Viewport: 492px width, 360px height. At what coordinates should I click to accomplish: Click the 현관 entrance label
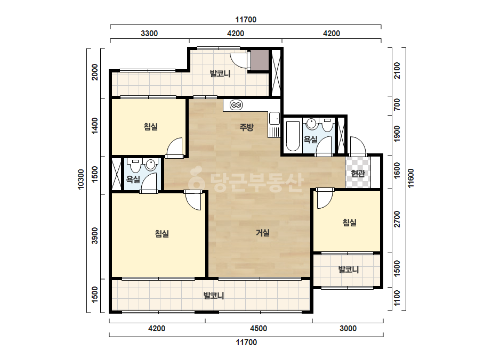point(358,173)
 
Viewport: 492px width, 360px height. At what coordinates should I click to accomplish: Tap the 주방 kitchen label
point(246,127)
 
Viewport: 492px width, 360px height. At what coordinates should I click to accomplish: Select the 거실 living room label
point(263,233)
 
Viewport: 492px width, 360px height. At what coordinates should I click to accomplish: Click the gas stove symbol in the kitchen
point(236,105)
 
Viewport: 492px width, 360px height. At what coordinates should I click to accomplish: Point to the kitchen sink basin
point(274,118)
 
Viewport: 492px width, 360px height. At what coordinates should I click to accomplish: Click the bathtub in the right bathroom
point(293,136)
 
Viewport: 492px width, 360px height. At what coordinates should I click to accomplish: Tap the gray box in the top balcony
point(260,60)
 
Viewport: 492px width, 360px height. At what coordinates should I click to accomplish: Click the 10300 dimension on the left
point(81,179)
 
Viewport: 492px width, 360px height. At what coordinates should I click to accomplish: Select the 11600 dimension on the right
point(411,178)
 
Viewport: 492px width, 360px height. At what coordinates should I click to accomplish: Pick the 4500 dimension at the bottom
point(259,329)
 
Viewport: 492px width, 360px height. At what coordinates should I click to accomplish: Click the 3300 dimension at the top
point(149,33)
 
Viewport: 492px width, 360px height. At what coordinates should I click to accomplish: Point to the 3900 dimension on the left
point(95,235)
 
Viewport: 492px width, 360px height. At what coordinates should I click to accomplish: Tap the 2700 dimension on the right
point(397,219)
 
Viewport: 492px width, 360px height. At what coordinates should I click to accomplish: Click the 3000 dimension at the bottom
point(348,329)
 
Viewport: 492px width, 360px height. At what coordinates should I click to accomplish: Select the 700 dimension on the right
point(397,104)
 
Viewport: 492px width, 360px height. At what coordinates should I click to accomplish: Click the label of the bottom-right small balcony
point(349,269)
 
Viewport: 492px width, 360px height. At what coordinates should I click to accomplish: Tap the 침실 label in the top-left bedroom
point(151,127)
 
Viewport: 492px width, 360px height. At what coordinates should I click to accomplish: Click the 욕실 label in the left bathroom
point(133,179)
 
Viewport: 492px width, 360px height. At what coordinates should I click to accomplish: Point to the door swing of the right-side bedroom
point(325,200)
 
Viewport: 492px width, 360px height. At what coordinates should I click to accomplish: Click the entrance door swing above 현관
point(358,145)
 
